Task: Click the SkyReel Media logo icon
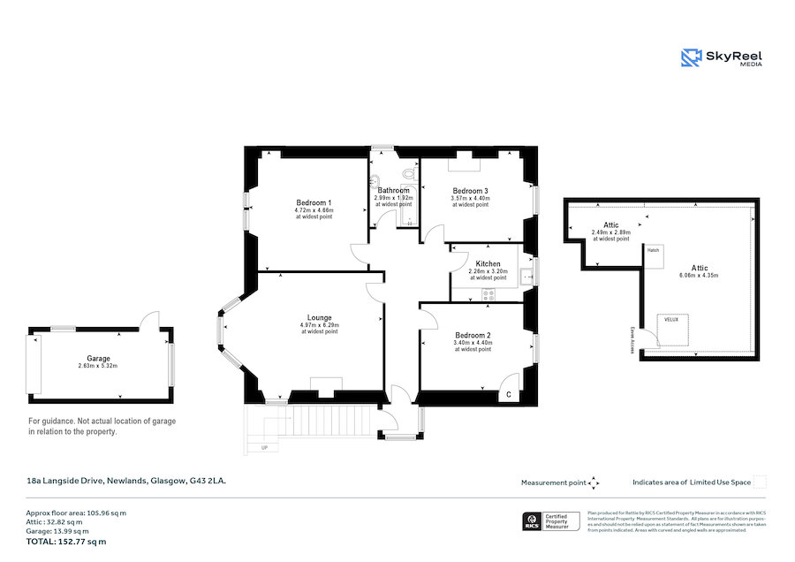click(691, 58)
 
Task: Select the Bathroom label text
click(393, 190)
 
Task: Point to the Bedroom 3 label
click(470, 191)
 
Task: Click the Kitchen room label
click(488, 263)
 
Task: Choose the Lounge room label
click(319, 317)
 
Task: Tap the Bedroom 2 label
click(473, 335)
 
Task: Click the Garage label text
click(98, 359)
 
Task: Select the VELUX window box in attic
click(672, 326)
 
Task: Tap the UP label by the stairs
click(263, 448)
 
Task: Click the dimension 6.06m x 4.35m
click(699, 276)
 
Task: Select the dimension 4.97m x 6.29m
click(319, 325)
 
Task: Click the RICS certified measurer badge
click(551, 522)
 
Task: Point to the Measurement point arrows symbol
click(594, 482)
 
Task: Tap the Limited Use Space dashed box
click(760, 482)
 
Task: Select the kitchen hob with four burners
click(488, 294)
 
